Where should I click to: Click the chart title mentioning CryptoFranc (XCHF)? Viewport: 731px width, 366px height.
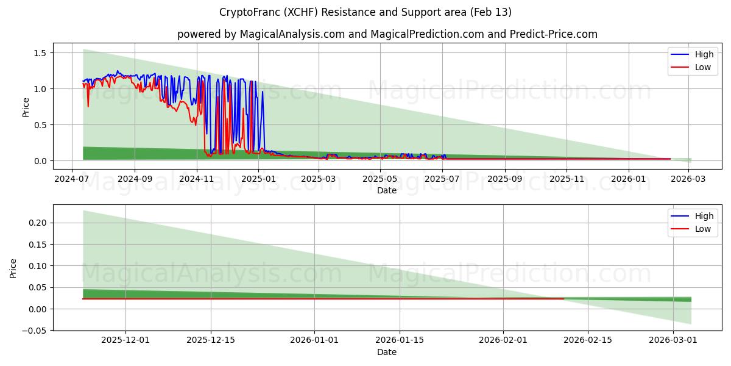click(x=365, y=12)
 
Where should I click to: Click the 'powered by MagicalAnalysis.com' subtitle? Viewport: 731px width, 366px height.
click(x=387, y=34)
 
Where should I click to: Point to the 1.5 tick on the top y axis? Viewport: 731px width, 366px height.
click(x=40, y=53)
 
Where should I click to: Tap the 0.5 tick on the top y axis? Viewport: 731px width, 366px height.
click(x=40, y=125)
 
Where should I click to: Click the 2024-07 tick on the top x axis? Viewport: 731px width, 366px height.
click(x=72, y=179)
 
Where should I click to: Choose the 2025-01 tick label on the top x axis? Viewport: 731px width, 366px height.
click(x=258, y=179)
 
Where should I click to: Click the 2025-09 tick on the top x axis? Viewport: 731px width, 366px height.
click(x=504, y=179)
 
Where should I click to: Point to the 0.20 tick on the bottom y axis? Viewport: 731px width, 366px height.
click(x=38, y=223)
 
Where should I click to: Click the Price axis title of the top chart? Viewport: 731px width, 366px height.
click(x=26, y=107)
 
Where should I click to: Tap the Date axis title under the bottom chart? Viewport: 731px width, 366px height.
click(x=387, y=352)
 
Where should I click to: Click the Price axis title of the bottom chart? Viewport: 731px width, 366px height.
click(x=13, y=268)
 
